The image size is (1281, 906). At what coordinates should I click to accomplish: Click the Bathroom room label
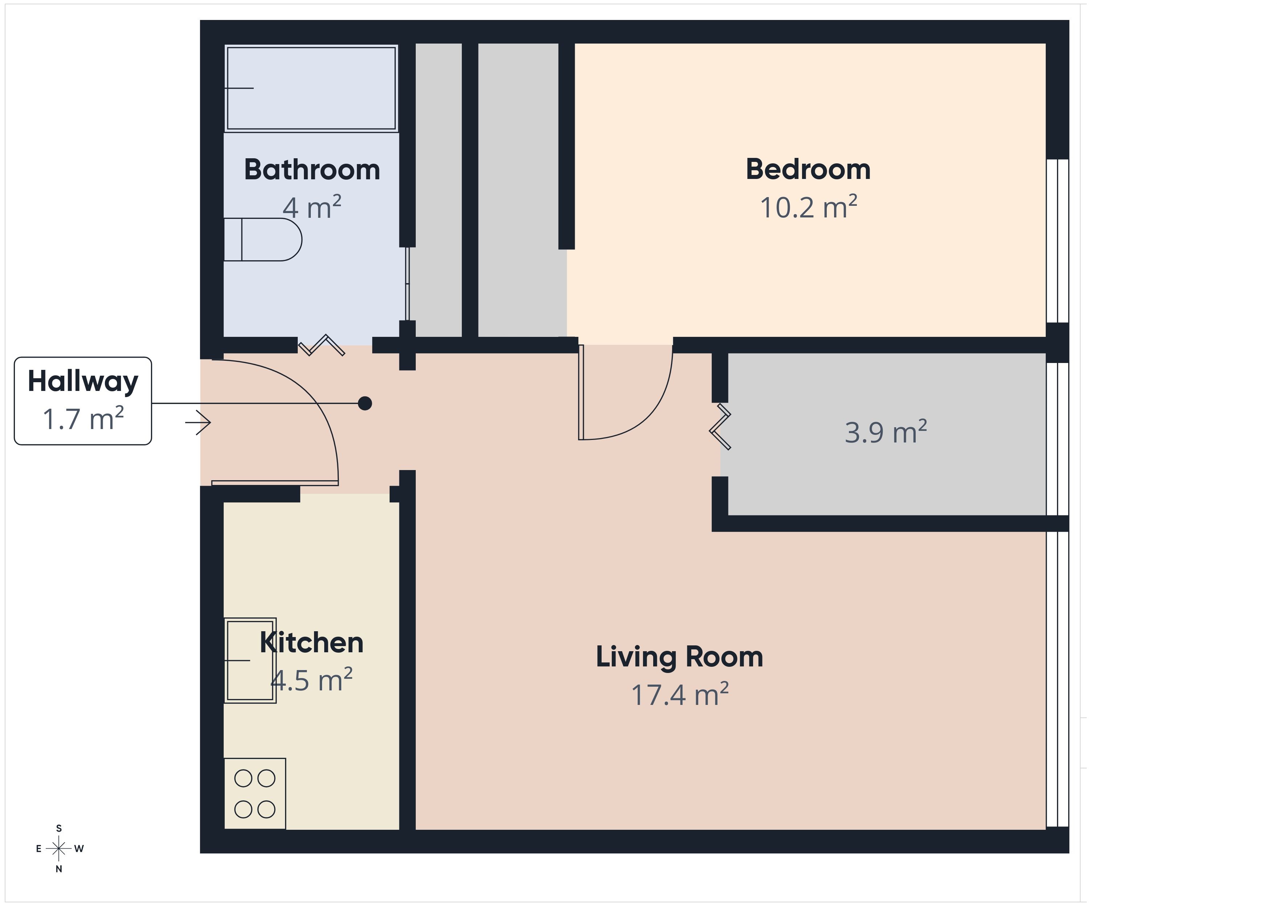(x=312, y=170)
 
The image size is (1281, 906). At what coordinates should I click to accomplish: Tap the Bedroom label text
(x=808, y=170)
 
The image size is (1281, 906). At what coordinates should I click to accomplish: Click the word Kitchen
(x=311, y=643)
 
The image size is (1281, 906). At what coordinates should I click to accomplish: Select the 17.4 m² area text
(x=680, y=694)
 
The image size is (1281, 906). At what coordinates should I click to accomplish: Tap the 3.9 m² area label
(x=886, y=432)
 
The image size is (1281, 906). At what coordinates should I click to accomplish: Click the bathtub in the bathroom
(x=311, y=88)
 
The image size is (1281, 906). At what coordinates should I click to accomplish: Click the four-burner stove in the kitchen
(x=255, y=793)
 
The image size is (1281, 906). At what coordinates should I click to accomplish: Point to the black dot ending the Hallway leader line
(x=365, y=403)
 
